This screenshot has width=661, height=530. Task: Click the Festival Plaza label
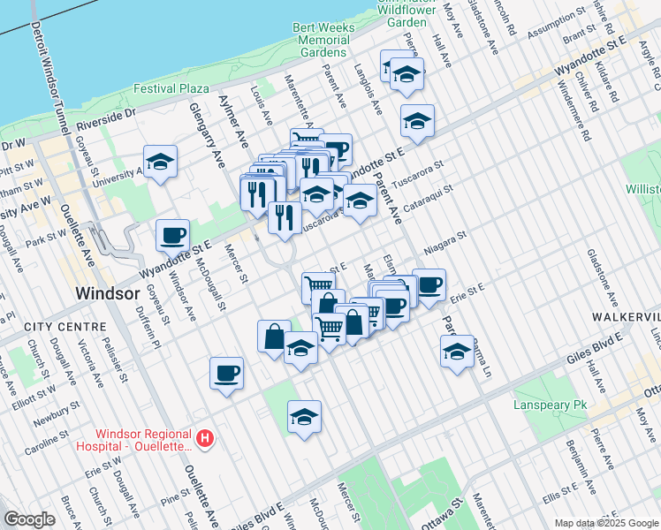point(171,88)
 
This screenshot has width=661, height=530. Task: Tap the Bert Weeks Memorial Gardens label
point(323,40)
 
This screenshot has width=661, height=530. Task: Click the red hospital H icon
point(205,438)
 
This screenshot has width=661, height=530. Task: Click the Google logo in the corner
point(29,519)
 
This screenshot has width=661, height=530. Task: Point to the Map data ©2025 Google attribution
point(605,523)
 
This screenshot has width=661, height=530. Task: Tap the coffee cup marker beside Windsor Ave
point(172,236)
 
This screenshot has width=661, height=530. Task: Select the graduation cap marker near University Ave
point(160,162)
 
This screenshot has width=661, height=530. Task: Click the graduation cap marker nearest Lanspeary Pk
point(456,351)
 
